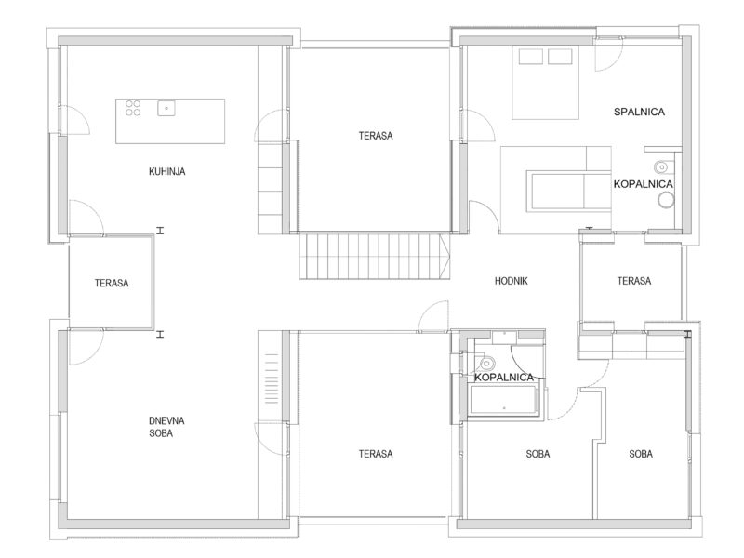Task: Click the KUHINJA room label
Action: [x=167, y=171]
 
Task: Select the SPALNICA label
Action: [x=639, y=112]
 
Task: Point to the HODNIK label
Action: [x=511, y=281]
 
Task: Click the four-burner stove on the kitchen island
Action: [x=133, y=108]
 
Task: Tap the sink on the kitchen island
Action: [x=166, y=108]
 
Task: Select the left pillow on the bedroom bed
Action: [x=530, y=57]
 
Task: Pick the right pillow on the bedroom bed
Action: [x=560, y=57]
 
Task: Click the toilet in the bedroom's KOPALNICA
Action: [x=662, y=167]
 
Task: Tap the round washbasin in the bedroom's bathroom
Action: [x=666, y=200]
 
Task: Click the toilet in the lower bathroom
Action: [x=485, y=364]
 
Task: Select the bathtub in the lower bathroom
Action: [x=503, y=400]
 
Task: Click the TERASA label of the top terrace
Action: [x=376, y=136]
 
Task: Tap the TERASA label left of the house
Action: [x=112, y=284]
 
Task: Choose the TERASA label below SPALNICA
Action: [x=634, y=281]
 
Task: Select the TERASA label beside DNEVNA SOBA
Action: [x=376, y=454]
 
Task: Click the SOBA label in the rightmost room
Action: [x=641, y=454]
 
